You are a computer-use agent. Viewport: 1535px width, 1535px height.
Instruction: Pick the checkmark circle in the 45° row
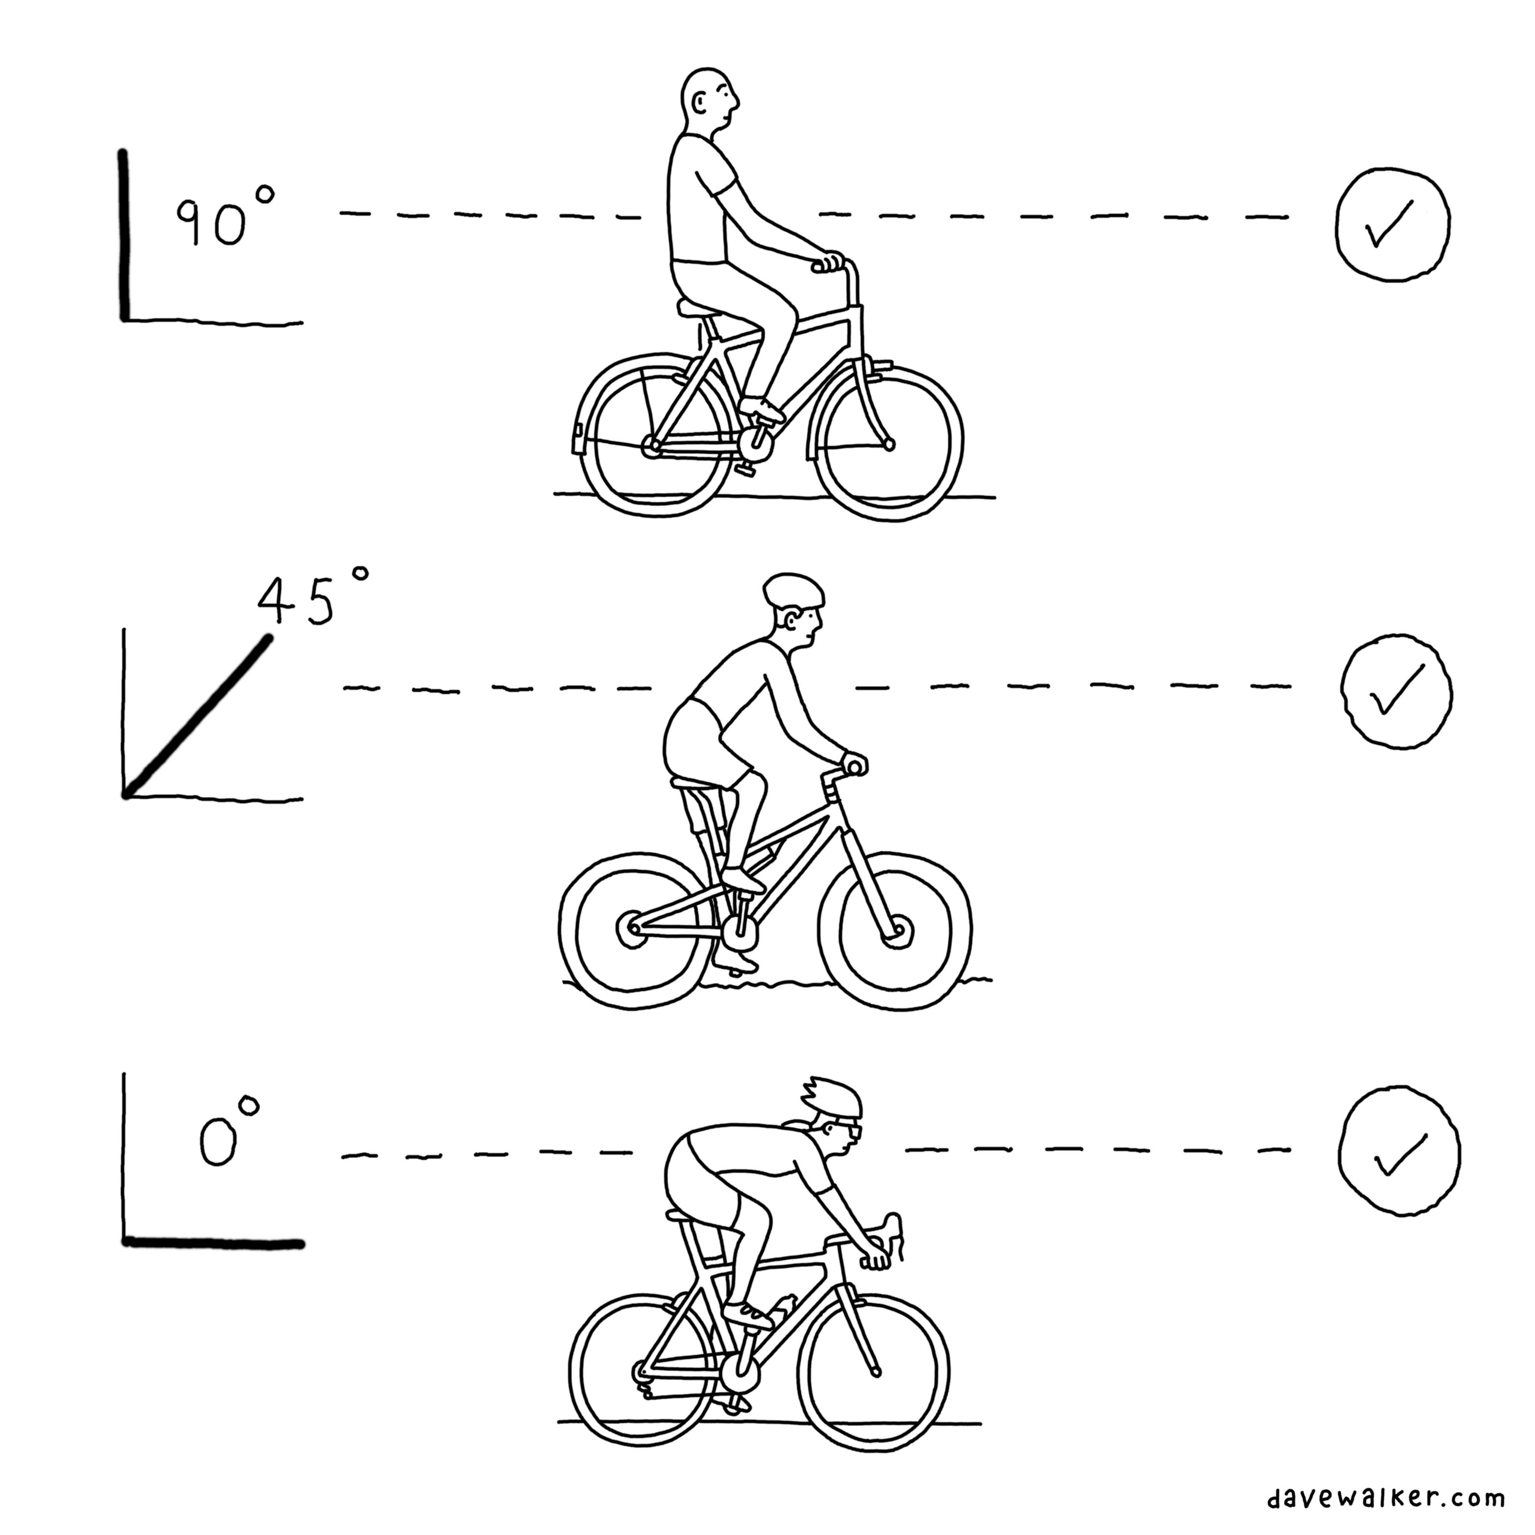click(1396, 691)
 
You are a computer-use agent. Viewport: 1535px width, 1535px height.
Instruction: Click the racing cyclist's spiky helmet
click(831, 1096)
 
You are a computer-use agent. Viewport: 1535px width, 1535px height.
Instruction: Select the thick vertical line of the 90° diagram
click(123, 235)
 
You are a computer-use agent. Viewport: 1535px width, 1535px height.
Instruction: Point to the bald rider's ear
click(698, 103)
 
